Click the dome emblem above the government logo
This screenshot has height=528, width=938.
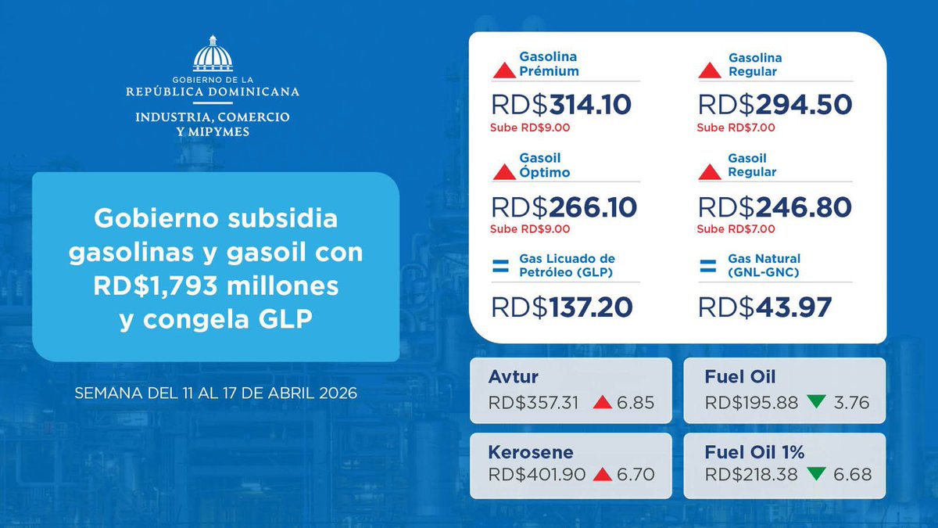pos(213,54)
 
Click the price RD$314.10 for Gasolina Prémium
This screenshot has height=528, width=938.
pos(561,105)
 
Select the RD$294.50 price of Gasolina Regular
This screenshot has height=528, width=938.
pos(775,105)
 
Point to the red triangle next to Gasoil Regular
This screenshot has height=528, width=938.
pos(709,172)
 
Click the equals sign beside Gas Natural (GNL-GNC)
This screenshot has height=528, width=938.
pos(707,266)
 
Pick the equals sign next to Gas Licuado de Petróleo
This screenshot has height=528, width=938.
pos(500,266)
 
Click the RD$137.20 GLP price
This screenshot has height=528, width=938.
pos(561,307)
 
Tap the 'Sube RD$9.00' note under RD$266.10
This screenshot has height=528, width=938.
pos(530,229)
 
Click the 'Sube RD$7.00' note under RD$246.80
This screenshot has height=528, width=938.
pos(736,229)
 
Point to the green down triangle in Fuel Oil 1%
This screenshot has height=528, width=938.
pos(817,474)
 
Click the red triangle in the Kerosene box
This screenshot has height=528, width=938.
pos(602,474)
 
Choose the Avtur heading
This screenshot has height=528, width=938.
pos(513,377)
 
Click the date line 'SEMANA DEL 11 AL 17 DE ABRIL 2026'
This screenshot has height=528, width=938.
pos(216,393)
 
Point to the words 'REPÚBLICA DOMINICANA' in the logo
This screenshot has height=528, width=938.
pos(213,92)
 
